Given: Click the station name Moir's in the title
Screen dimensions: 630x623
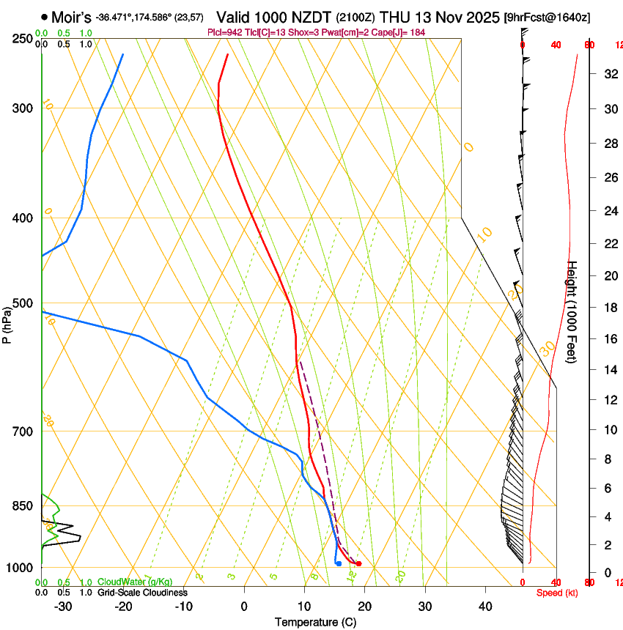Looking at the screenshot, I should coord(71,16).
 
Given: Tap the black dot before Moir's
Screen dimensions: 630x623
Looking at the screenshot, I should coord(45,16).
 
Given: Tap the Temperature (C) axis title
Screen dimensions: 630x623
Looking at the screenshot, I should coord(315,622).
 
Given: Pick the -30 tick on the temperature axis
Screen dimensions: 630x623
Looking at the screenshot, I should coord(63,607).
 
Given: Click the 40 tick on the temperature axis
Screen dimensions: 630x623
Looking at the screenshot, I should coord(485,607).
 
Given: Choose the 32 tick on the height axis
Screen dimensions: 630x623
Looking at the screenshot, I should coord(608,73).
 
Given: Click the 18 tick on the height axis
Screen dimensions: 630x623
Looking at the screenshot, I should coord(608,307).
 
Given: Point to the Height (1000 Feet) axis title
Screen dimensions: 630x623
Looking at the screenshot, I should coord(572,311).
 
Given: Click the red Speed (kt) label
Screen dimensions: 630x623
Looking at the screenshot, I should coord(557,593).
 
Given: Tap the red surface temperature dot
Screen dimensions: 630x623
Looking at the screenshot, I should coord(358,563).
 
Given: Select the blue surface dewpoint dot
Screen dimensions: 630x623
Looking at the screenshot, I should coord(338,563).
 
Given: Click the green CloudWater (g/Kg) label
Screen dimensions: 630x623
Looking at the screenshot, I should coord(134,582).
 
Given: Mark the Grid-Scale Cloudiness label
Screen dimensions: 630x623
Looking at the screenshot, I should coord(142,593).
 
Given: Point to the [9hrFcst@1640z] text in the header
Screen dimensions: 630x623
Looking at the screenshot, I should coord(548,17).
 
